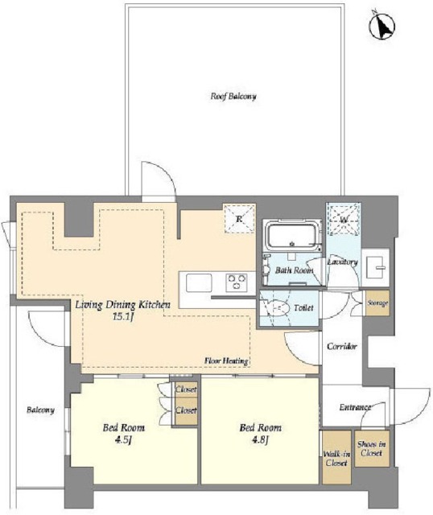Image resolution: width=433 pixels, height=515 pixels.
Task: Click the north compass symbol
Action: (382, 26)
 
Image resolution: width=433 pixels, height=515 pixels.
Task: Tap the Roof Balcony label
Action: (233, 97)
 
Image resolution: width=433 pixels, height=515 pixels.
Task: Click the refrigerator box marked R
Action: (240, 219)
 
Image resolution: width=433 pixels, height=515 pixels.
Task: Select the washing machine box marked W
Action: (344, 218)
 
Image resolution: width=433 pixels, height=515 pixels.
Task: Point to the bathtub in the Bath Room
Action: (294, 235)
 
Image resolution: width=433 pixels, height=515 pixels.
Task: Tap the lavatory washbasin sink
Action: (375, 267)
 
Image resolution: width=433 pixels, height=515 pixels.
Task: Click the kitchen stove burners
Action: (237, 282)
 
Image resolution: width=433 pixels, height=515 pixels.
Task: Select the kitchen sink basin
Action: (199, 282)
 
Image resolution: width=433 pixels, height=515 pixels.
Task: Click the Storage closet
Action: (377, 303)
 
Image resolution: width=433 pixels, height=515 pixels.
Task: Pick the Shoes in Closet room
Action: (372, 449)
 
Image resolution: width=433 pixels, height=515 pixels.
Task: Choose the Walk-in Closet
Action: (336, 457)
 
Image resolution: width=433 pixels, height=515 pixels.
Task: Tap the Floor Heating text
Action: (226, 361)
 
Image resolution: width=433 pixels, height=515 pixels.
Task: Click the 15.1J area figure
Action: (123, 316)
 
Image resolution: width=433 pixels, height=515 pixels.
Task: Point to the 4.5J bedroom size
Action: (123, 439)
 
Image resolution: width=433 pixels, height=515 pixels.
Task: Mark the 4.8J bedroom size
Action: (260, 439)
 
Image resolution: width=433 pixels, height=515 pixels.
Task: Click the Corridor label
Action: (342, 346)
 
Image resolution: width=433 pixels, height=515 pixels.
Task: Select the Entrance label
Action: (355, 407)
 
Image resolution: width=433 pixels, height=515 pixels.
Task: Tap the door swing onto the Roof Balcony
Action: (159, 181)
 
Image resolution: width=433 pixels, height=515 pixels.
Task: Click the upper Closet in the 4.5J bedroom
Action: (186, 389)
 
